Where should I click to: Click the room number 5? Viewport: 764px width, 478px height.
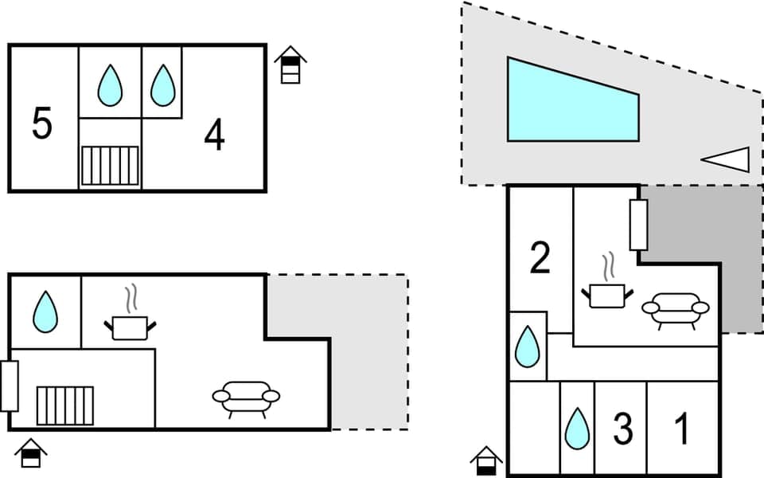[42, 124]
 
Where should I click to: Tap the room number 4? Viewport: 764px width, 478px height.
[214, 135]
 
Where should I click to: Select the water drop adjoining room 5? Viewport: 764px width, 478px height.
[110, 84]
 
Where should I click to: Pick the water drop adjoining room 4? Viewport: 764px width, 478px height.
[162, 84]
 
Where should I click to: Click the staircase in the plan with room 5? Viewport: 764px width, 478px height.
[110, 166]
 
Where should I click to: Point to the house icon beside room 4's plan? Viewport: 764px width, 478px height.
[290, 65]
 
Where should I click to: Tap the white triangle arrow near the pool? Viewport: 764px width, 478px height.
[727, 159]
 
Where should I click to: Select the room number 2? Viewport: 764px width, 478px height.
[540, 259]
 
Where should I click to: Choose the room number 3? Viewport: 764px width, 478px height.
[623, 429]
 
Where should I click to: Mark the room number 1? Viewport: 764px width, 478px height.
[682, 429]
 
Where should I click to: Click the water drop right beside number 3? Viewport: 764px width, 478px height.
[577, 429]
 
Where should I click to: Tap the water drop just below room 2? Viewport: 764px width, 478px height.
[527, 347]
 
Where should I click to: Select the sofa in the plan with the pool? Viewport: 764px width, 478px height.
[676, 309]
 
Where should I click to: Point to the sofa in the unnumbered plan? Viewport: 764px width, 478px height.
[246, 398]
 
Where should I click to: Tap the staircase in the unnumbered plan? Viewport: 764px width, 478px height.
[65, 406]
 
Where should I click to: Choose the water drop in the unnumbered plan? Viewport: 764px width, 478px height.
[45, 311]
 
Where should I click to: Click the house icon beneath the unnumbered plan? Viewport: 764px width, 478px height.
[31, 453]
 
